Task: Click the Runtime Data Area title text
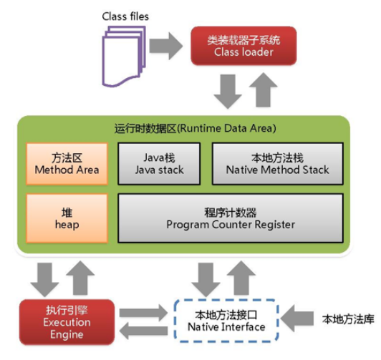tap(185, 128)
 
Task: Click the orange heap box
tap(67, 216)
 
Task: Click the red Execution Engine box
tap(67, 320)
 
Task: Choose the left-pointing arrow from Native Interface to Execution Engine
tap(148, 331)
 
